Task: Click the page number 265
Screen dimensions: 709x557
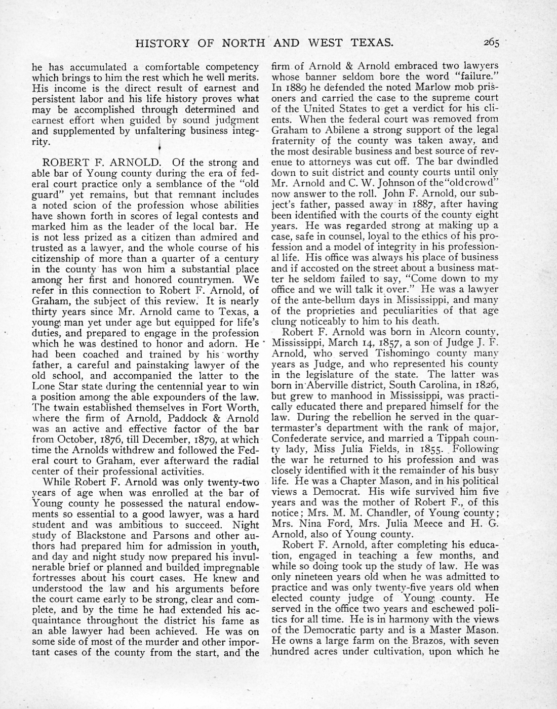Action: [491, 43]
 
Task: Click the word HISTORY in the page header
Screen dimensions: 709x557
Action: [161, 43]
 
